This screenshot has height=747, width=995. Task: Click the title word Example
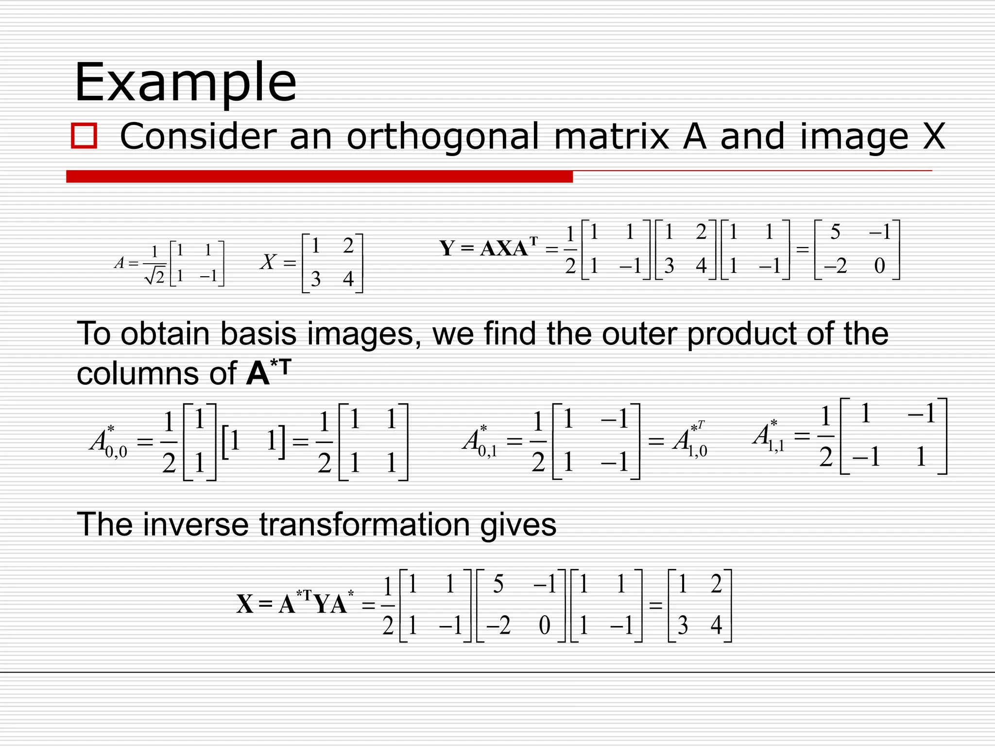click(x=185, y=83)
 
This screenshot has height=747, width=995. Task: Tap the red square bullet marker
click(x=84, y=136)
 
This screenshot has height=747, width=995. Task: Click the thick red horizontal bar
click(x=319, y=176)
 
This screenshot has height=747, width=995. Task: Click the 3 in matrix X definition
click(x=315, y=279)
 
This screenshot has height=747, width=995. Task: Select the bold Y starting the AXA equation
click(x=447, y=248)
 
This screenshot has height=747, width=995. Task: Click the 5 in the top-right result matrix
click(x=835, y=232)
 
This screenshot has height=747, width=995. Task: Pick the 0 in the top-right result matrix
click(x=879, y=266)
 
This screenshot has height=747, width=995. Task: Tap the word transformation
click(x=365, y=525)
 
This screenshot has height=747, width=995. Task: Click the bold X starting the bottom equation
click(x=245, y=605)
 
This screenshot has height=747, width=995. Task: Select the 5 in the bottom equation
click(x=498, y=584)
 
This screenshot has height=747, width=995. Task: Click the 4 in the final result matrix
click(x=716, y=625)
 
